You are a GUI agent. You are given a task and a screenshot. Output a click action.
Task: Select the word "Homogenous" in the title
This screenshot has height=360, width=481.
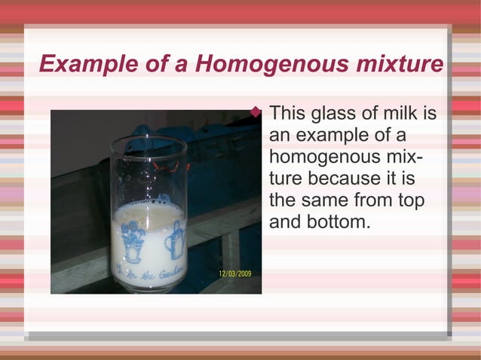pyautogui.click(x=259, y=65)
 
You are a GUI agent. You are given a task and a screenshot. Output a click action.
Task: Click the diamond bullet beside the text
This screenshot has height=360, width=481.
pyautogui.click(x=256, y=113)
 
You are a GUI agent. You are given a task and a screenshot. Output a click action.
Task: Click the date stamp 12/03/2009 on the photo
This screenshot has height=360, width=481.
pyautogui.click(x=235, y=273)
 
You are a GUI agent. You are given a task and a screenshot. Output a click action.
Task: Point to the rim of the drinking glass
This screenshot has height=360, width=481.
pyautogui.click(x=148, y=140)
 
